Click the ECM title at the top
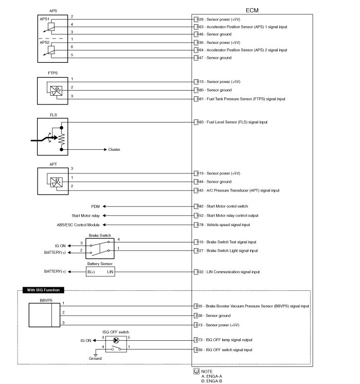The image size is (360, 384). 252,10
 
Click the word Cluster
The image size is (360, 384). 114,150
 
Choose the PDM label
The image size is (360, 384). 95,206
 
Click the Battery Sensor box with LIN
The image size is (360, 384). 100,271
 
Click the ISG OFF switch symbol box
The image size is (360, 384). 116,345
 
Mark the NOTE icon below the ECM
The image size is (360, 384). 196,371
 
